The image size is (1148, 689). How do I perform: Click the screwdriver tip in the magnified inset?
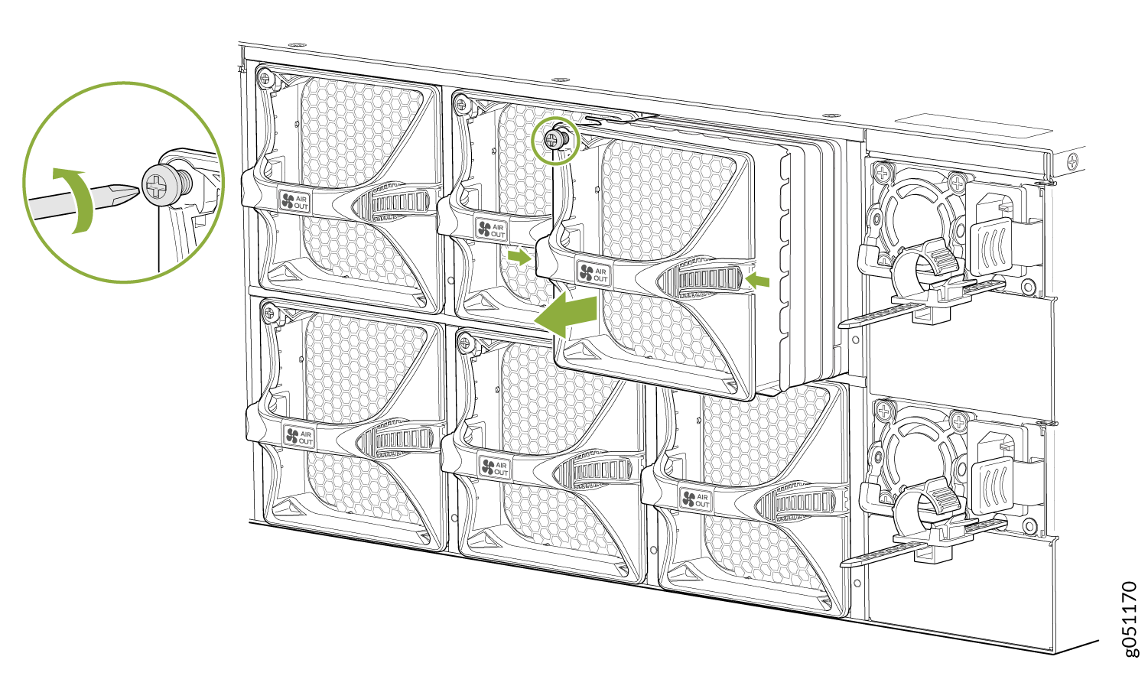138,190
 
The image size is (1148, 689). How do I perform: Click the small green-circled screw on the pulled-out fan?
554,138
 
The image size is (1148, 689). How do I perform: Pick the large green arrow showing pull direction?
566,314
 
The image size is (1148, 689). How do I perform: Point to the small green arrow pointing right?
519,257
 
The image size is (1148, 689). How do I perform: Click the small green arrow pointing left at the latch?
758,280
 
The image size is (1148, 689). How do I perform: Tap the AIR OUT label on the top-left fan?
294,201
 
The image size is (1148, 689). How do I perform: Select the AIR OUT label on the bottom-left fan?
299,437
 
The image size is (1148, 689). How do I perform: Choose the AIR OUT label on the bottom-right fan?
695,499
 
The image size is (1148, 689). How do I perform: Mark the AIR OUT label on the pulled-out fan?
594,274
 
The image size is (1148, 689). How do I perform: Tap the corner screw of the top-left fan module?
265,78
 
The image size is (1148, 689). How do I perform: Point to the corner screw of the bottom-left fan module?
268,311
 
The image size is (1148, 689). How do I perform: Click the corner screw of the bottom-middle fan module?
465,342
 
